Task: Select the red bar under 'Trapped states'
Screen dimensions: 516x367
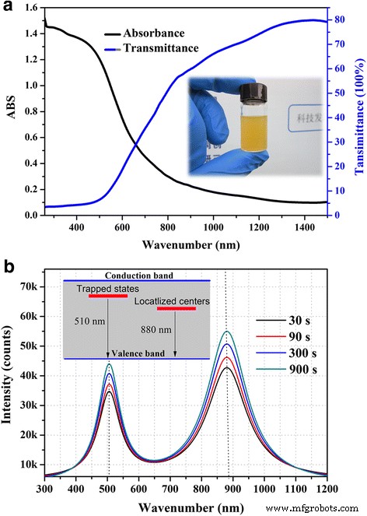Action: (107, 297)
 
